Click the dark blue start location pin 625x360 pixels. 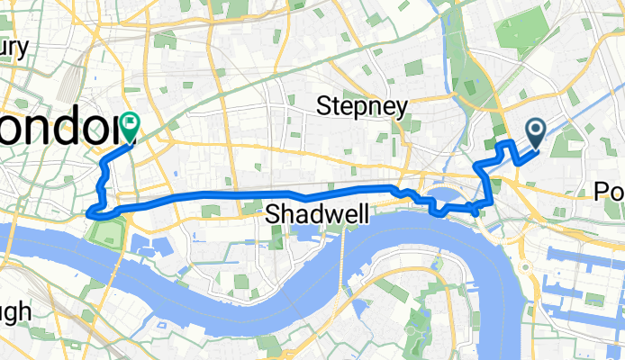coord(536,134)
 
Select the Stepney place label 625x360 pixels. coord(363,106)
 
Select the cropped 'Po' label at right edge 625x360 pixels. coord(609,191)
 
